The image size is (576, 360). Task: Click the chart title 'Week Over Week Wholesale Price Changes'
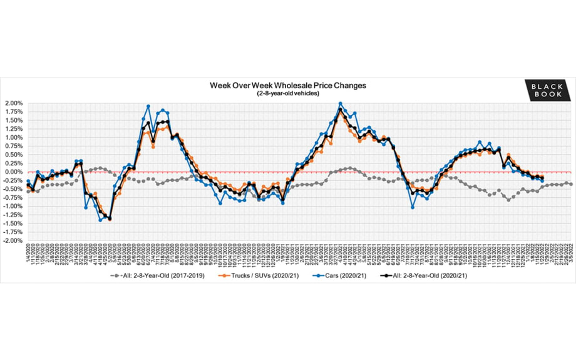(288, 85)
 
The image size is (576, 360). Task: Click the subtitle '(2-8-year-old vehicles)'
(288, 93)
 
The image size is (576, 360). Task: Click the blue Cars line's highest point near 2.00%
(341, 104)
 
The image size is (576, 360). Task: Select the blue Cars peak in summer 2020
(148, 106)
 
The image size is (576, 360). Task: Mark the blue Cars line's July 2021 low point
(413, 207)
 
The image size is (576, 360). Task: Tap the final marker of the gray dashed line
(571, 184)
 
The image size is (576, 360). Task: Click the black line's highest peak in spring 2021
(340, 109)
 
